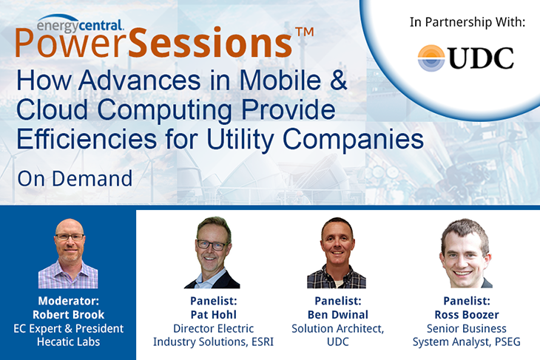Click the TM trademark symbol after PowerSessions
click(x=304, y=33)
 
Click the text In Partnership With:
click(x=467, y=22)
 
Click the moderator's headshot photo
click(x=67, y=252)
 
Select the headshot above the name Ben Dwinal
click(x=337, y=252)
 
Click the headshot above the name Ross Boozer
click(x=464, y=252)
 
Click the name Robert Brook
click(x=69, y=315)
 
